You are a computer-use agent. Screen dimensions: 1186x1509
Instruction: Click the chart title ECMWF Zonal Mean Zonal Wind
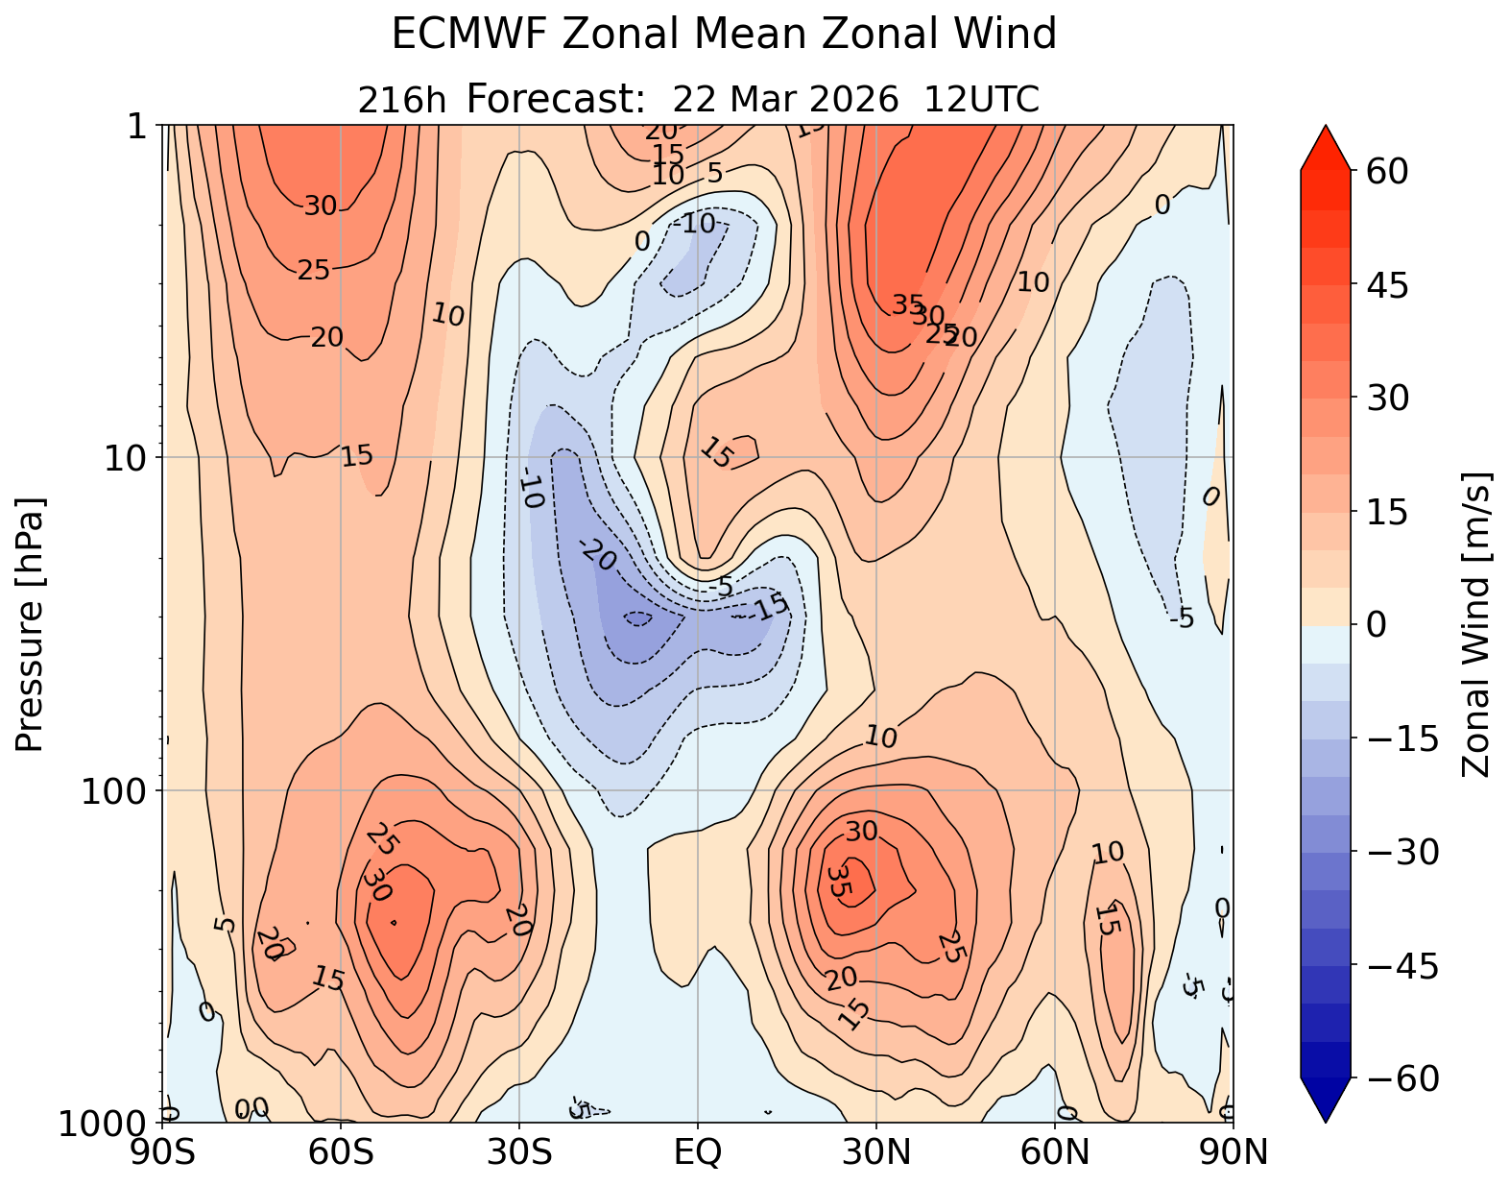tap(724, 36)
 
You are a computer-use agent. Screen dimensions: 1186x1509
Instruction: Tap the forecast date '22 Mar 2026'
tap(785, 99)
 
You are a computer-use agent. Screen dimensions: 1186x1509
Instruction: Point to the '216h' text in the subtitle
tap(401, 100)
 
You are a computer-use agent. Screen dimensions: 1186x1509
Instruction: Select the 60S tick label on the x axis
tap(342, 1151)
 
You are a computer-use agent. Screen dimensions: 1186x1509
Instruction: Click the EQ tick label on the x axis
tap(698, 1151)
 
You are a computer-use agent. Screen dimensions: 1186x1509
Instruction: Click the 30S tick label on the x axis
tap(519, 1151)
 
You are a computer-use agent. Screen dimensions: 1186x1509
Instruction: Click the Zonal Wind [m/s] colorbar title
tap(1475, 624)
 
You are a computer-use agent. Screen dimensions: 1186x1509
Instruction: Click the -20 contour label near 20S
tap(598, 555)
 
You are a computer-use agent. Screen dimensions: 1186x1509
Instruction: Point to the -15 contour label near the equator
tap(769, 607)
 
